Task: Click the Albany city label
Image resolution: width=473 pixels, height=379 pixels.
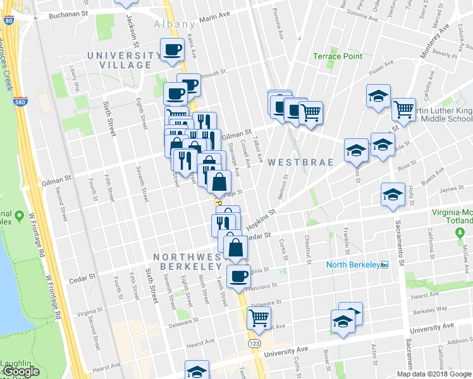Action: (x=175, y=24)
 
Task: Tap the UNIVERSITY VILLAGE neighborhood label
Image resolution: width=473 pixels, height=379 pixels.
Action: (x=124, y=60)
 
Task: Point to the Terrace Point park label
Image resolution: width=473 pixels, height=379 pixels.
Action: (x=338, y=56)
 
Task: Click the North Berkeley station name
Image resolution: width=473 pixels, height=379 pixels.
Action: (x=352, y=265)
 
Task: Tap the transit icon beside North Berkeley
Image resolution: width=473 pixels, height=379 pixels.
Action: (x=384, y=265)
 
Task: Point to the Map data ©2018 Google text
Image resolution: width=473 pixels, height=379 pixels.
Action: (x=434, y=374)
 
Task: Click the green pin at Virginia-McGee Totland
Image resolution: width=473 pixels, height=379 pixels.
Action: (x=460, y=233)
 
